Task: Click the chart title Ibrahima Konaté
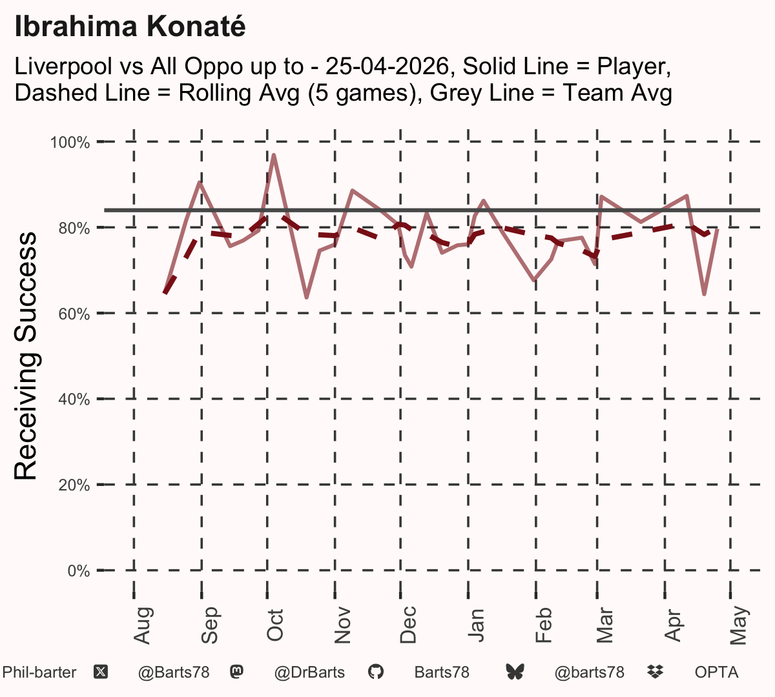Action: (130, 26)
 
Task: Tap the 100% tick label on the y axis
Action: (70, 143)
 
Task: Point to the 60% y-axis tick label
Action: (74, 314)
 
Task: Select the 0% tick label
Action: (79, 571)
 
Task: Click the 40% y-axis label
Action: (74, 399)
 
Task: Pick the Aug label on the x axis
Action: (143, 625)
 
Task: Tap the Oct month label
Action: (274, 625)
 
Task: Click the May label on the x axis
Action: (739, 625)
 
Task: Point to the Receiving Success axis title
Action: (25, 356)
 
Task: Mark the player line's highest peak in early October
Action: (274, 155)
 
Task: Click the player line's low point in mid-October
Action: (306, 298)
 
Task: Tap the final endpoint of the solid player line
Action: (718, 230)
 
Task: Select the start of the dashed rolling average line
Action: (165, 293)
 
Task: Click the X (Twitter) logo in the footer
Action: (101, 672)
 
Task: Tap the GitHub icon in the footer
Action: (375, 672)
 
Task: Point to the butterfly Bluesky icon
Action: (515, 672)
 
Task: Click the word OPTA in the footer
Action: (717, 672)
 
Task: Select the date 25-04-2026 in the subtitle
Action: (387, 66)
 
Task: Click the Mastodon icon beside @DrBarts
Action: (236, 672)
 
